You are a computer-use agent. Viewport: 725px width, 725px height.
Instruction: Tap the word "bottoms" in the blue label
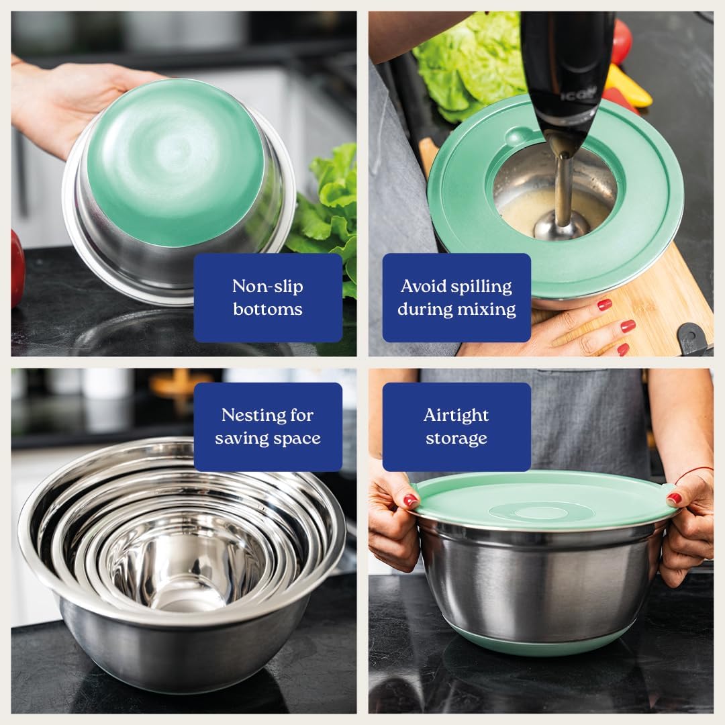[267, 309]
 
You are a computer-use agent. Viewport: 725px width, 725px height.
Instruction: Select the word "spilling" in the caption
[480, 286]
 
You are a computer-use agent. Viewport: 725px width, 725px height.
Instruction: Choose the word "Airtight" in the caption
[456, 415]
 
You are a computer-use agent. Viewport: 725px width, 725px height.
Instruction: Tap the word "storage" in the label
[456, 438]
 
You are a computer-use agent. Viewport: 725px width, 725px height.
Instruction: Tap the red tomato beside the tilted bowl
[17, 269]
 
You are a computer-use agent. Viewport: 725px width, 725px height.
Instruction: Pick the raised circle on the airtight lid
[541, 512]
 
